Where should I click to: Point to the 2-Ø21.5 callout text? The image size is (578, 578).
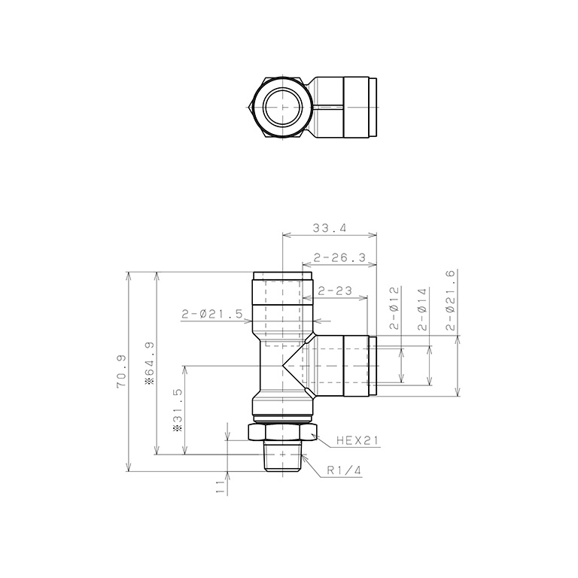tap(211, 314)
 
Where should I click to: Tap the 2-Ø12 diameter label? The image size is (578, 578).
tap(394, 309)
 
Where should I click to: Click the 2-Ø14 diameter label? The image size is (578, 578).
tap(421, 309)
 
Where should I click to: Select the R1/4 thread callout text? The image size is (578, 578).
tap(344, 471)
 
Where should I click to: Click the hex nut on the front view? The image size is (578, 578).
tap(283, 433)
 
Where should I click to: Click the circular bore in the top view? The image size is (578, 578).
tap(283, 107)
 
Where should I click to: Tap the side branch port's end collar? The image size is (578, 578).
tap(372, 366)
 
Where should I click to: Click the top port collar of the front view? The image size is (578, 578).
tap(283, 277)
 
